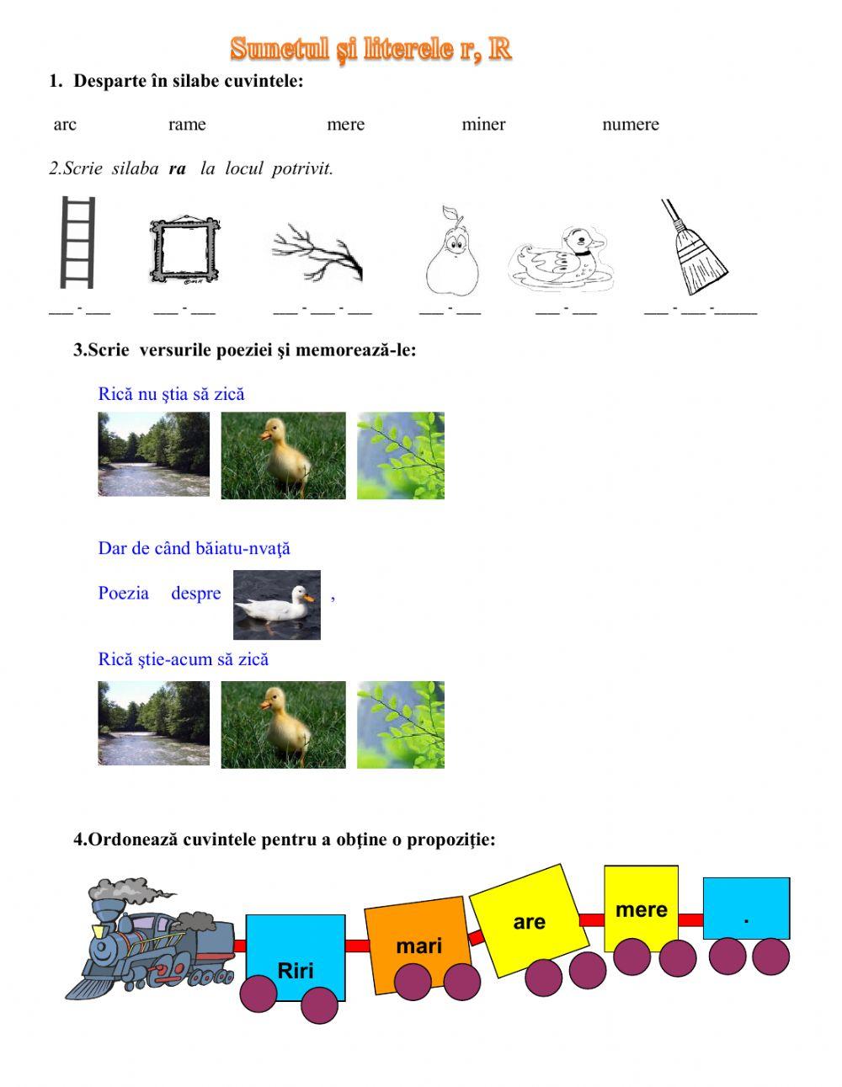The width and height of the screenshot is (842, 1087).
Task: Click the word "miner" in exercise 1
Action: [x=483, y=125]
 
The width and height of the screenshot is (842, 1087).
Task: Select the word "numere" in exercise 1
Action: [x=630, y=125]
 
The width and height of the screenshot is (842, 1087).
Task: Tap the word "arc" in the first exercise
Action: [x=65, y=125]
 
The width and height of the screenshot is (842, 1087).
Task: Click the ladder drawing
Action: [x=77, y=242]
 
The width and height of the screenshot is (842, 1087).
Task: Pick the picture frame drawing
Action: [x=184, y=249]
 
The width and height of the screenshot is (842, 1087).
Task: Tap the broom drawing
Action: [x=694, y=248]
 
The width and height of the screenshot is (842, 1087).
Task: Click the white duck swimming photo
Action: [x=276, y=605]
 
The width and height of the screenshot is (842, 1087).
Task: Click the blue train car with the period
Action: [x=746, y=908]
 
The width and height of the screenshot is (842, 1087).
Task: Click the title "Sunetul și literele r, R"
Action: [x=370, y=49]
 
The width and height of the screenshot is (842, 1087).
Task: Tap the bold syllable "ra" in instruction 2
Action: [x=177, y=168]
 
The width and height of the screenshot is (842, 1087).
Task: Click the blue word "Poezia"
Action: [x=123, y=593]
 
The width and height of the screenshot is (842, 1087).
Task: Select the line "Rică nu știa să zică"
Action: [x=171, y=394]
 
